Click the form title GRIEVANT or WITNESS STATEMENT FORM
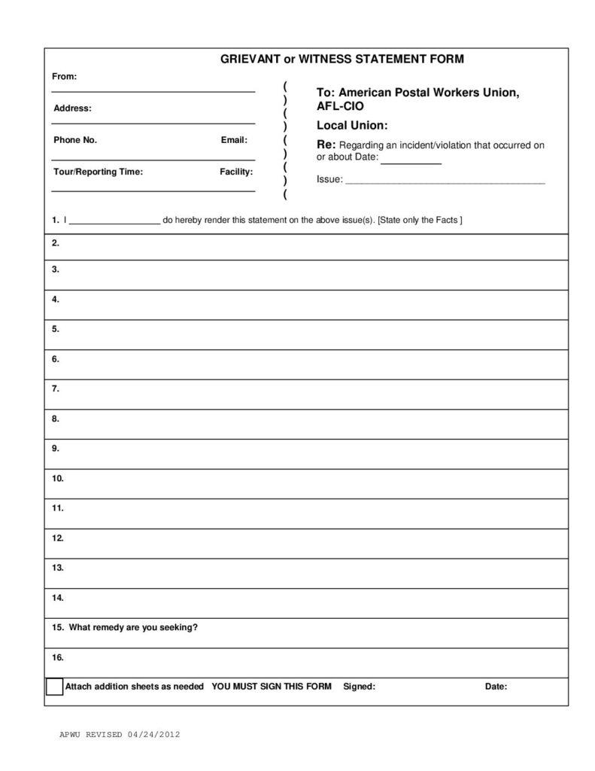pyautogui.click(x=342, y=59)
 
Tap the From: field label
pyautogui.click(x=64, y=76)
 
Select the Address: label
pyautogui.click(x=72, y=108)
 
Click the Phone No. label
pyautogui.click(x=75, y=140)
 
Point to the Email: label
pyautogui.click(x=234, y=140)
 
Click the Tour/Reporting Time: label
pyautogui.click(x=98, y=172)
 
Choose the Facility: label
pyautogui.click(x=236, y=172)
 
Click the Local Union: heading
pyautogui.click(x=351, y=125)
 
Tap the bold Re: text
pyautogui.click(x=326, y=144)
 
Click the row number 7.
pyautogui.click(x=56, y=389)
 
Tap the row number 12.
pyautogui.click(x=58, y=538)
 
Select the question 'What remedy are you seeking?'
pyautogui.click(x=133, y=627)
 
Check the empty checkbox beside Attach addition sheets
pyautogui.click(x=55, y=687)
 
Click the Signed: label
pyautogui.click(x=359, y=687)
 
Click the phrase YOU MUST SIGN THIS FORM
pyautogui.click(x=272, y=687)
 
